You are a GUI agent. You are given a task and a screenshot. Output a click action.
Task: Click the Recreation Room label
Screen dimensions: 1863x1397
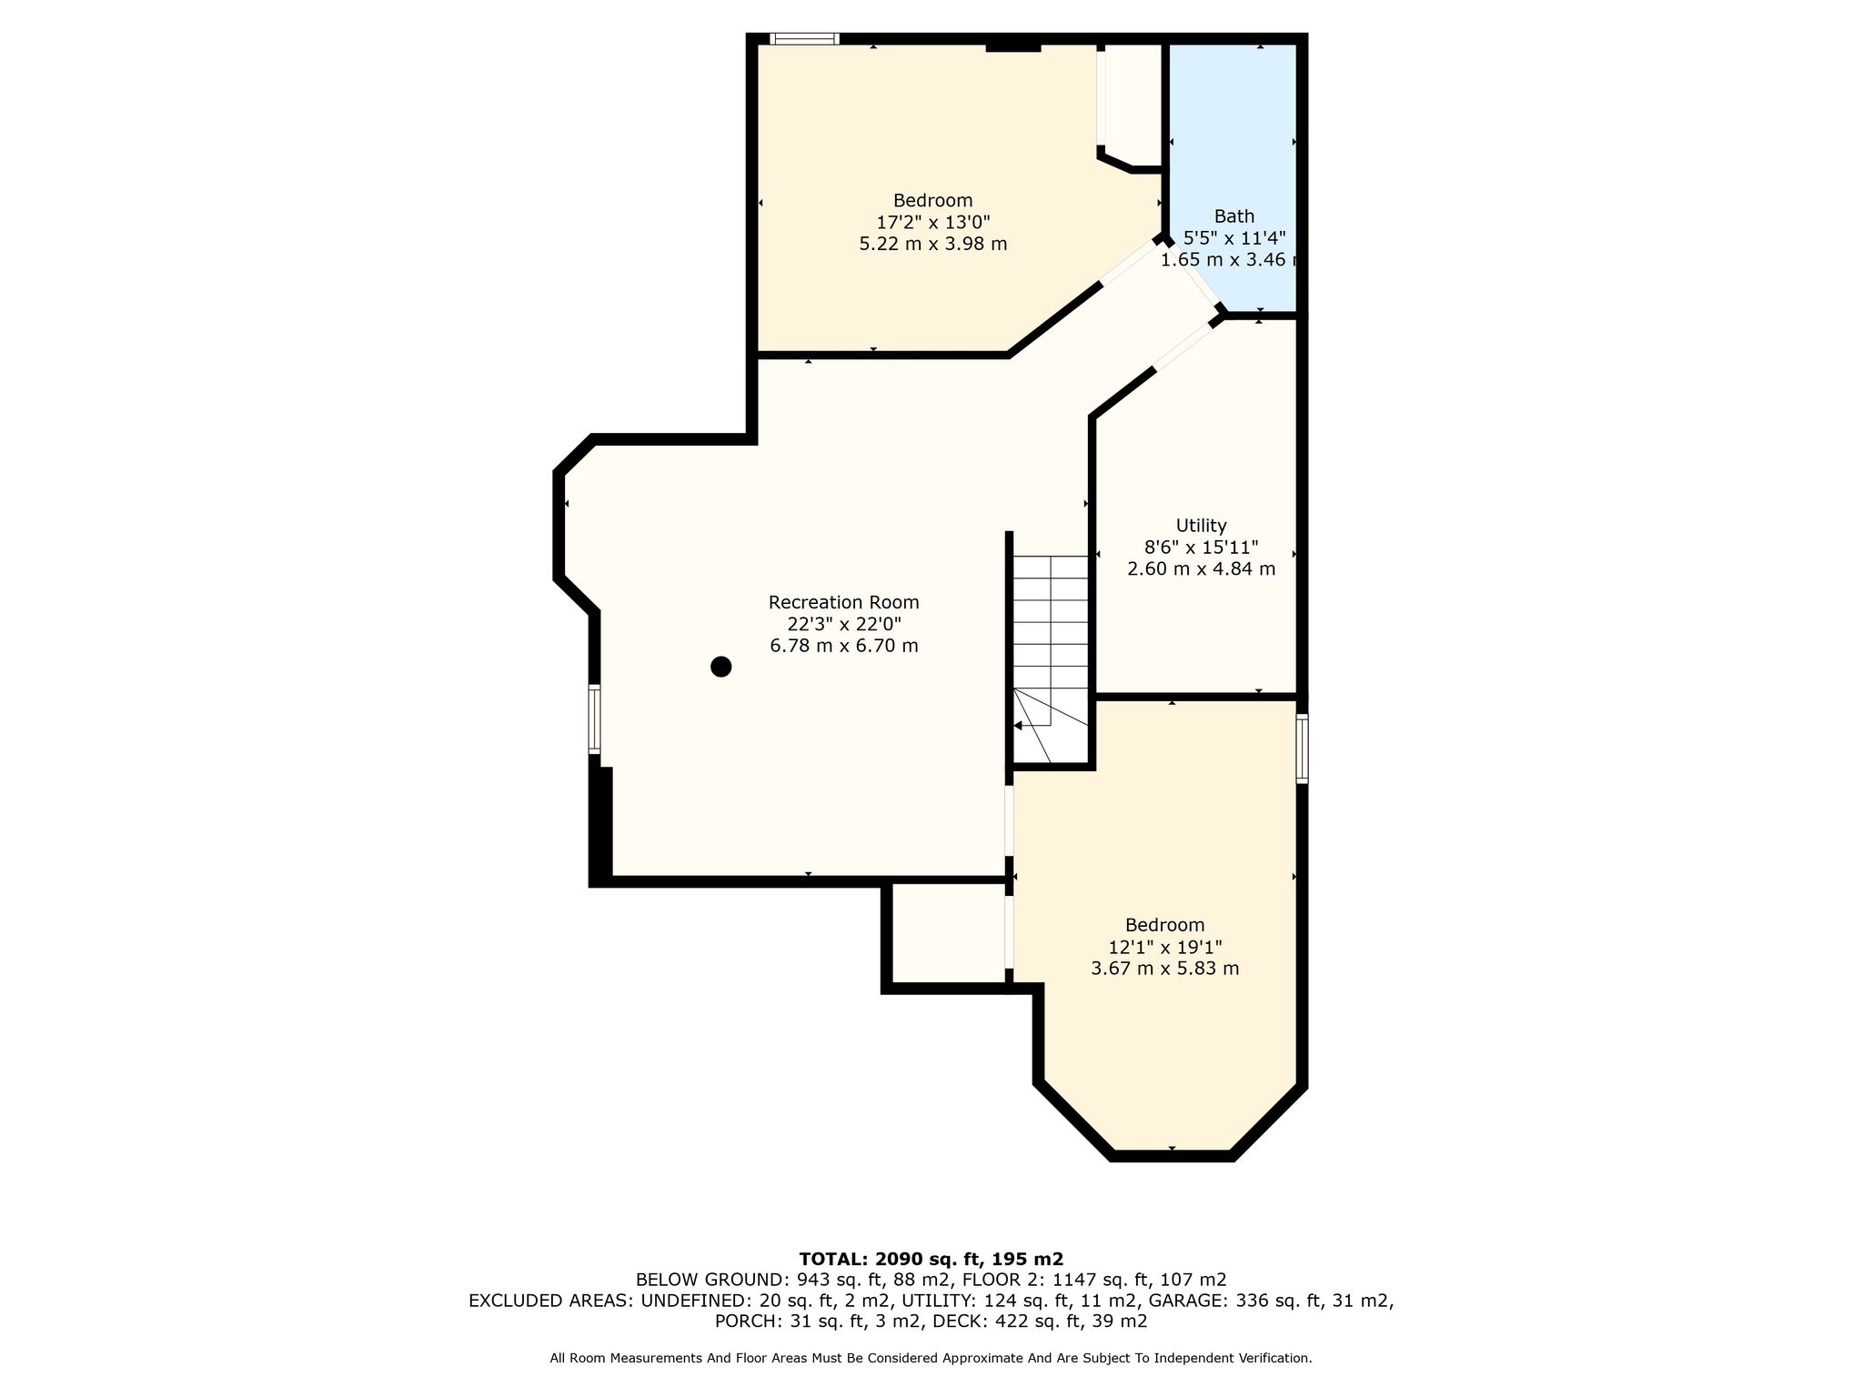click(843, 602)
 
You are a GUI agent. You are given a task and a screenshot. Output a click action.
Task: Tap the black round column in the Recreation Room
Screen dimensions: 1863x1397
click(720, 667)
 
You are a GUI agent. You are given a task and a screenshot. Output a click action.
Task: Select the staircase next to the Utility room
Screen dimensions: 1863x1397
click(1051, 659)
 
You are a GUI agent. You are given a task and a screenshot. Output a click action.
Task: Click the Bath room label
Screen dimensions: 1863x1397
click(1234, 216)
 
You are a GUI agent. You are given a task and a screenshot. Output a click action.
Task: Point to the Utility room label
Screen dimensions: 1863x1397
click(1201, 526)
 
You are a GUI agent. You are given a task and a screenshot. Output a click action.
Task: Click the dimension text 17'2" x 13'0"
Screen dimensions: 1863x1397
click(932, 222)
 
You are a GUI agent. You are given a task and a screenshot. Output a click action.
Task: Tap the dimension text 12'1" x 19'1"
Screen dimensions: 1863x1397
click(1164, 947)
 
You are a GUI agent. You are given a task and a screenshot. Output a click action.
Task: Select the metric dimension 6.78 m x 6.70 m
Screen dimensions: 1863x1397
click(843, 646)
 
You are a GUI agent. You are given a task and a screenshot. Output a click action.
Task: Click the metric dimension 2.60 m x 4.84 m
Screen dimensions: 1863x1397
click(1201, 569)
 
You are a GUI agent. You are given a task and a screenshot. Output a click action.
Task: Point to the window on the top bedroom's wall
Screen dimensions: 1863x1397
click(804, 38)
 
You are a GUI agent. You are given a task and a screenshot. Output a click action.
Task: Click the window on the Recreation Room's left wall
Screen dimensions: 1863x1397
click(594, 719)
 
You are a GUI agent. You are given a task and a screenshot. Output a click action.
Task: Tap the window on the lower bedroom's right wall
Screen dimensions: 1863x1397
click(1302, 749)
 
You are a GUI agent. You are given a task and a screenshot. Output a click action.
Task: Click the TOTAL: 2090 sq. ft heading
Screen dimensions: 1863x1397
click(931, 1259)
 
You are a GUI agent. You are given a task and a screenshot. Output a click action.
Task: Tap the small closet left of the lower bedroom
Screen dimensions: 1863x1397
click(948, 934)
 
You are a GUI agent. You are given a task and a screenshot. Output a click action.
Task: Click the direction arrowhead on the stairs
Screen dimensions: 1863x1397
click(1018, 726)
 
